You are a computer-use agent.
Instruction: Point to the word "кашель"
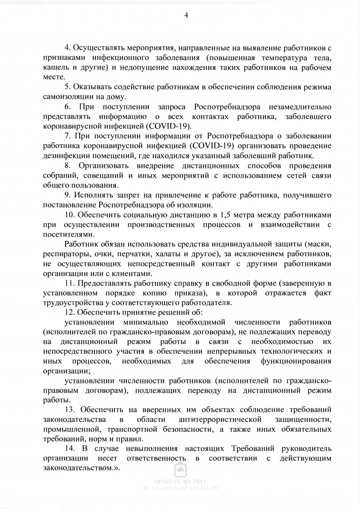(x=55, y=67)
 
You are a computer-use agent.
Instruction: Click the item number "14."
(x=70, y=448)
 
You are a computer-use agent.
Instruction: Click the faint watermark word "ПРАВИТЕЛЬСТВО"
(x=180, y=482)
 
